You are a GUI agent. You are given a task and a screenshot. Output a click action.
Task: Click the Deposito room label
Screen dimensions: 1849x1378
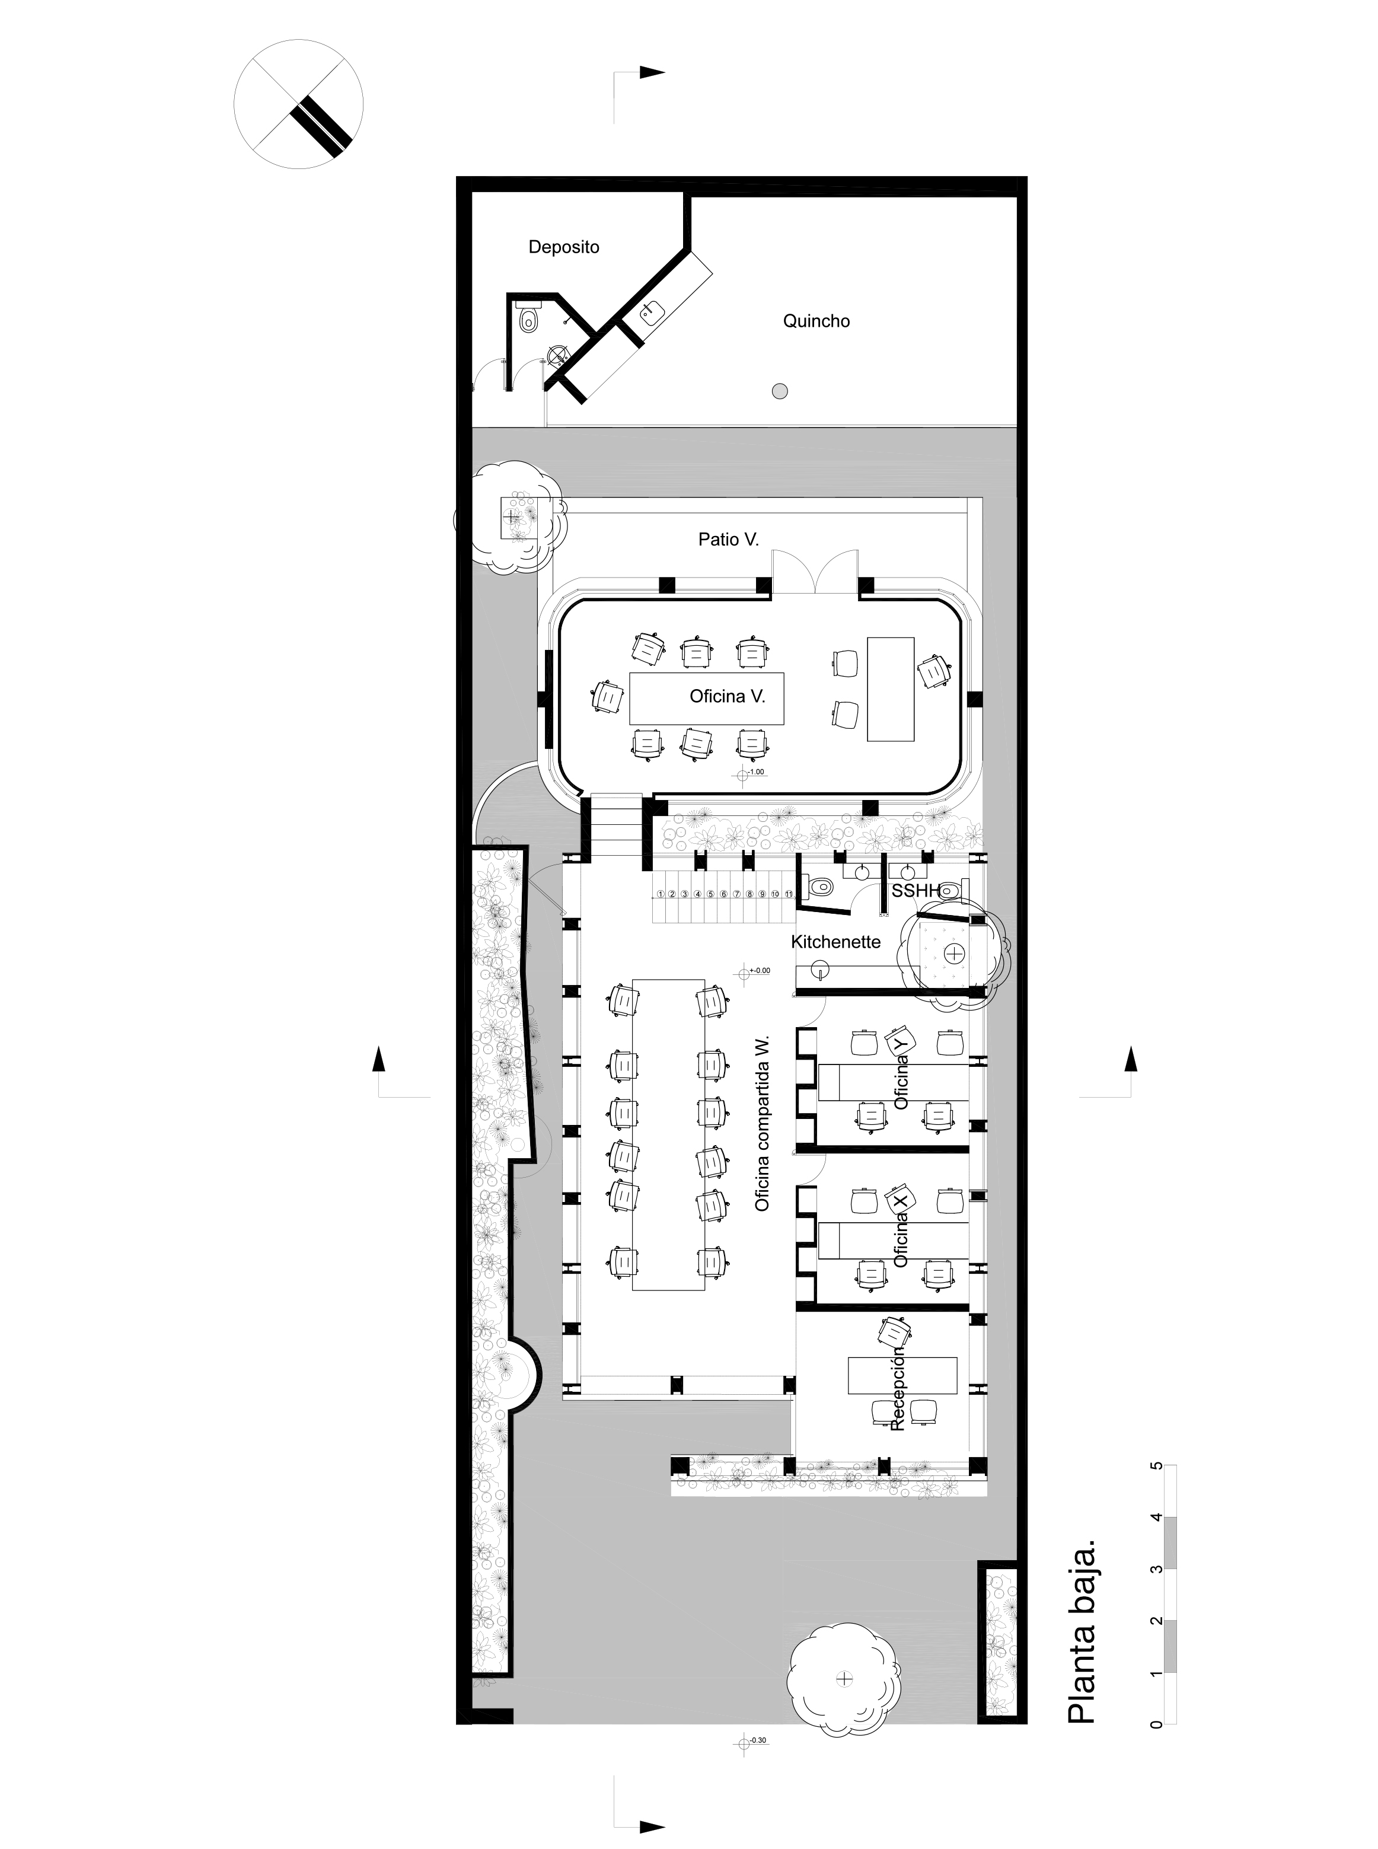click(x=564, y=247)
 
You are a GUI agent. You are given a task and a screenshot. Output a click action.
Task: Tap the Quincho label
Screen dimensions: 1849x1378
click(x=816, y=321)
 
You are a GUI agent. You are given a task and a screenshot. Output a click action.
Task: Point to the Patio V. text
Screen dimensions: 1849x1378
click(x=728, y=540)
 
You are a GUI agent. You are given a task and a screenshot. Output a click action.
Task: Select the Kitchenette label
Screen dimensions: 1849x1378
click(x=836, y=942)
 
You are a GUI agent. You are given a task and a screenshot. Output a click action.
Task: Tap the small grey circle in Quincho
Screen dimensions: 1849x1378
click(x=780, y=390)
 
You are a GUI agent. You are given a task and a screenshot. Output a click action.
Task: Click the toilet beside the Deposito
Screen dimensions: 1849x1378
click(x=527, y=320)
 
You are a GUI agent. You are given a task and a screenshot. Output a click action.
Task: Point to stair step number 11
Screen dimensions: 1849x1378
click(x=788, y=894)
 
